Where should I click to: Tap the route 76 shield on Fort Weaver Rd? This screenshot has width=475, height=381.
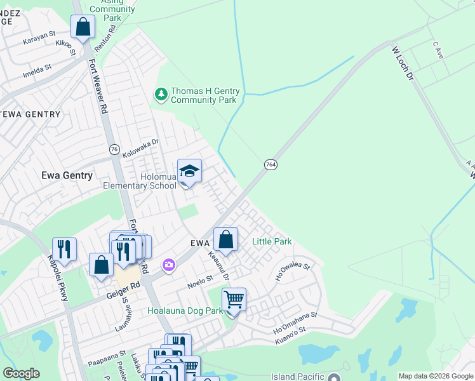point(114,149)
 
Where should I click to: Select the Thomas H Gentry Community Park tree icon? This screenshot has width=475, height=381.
point(161,95)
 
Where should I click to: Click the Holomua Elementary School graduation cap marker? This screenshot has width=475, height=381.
point(189,172)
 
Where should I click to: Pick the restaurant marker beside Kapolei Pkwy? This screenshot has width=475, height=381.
point(64,248)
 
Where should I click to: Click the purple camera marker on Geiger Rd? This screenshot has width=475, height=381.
point(168,265)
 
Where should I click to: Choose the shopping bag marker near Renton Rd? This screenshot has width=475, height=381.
point(83,27)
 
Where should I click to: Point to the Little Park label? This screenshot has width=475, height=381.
point(272,241)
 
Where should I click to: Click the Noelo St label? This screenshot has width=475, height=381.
point(199,281)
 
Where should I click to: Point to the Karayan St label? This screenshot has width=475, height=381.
point(39,38)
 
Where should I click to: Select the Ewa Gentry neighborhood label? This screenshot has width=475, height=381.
point(67,175)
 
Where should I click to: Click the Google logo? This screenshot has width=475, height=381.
point(21,373)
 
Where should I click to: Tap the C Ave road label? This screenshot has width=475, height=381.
point(438,49)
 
